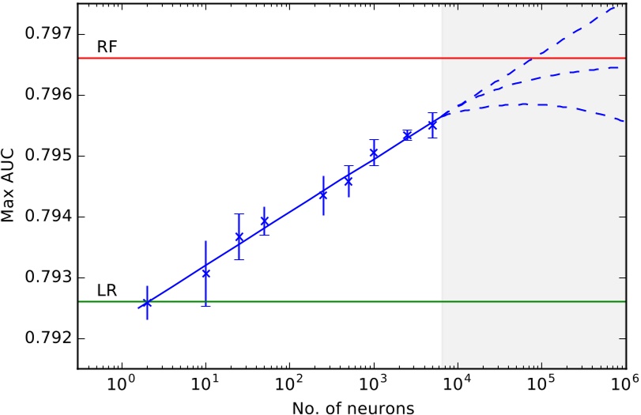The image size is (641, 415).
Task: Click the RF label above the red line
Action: [107, 47]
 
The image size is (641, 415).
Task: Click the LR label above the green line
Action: [107, 291]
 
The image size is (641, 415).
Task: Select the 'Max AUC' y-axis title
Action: [10, 186]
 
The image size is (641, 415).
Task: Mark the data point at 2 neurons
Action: [147, 303]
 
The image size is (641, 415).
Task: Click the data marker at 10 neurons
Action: [205, 274]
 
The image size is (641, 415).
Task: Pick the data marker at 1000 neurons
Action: [373, 153]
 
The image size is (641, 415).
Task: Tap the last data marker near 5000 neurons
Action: [432, 125]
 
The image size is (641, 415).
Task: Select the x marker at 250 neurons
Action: [323, 194]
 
